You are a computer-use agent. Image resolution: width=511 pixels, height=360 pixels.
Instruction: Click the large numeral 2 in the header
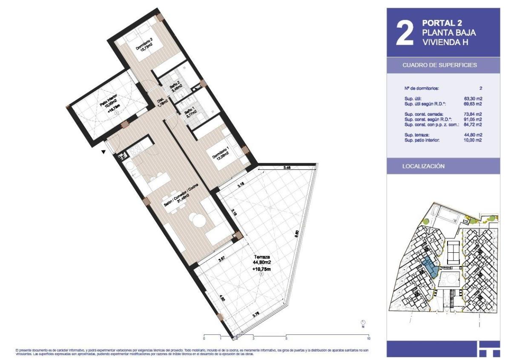tap(405, 32)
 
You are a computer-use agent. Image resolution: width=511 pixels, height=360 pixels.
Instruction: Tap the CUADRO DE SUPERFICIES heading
tap(439, 66)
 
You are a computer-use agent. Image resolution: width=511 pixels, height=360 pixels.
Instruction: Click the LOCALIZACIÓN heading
tap(424, 166)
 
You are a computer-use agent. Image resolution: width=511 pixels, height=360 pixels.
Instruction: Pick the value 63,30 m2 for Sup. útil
tap(473, 98)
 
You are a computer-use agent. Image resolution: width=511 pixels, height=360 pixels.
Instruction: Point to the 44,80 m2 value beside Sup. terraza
tap(473, 135)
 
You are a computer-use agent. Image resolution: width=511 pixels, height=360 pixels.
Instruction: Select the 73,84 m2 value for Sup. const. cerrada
tap(473, 114)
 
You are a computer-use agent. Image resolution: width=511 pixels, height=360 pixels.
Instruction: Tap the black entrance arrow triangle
tap(103, 151)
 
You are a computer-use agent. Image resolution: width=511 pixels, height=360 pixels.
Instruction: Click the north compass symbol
tap(363, 323)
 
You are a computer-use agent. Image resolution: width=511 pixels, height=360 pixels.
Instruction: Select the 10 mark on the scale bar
tap(368, 339)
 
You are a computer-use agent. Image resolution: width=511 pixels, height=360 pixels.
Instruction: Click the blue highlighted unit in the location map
tap(431, 268)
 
